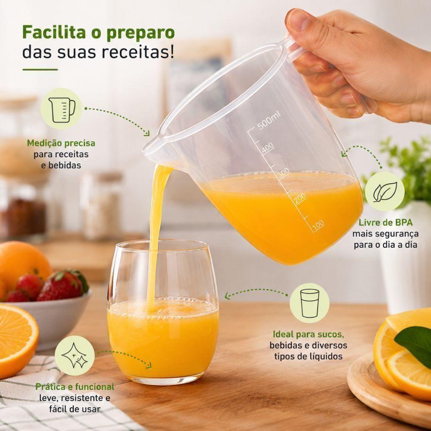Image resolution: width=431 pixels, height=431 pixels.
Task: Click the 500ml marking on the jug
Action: (x=269, y=120)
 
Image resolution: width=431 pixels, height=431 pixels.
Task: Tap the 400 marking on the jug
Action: (x=268, y=148)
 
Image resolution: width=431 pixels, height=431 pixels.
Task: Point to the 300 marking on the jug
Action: (x=283, y=173)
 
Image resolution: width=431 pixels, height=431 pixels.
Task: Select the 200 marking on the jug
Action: (x=300, y=198)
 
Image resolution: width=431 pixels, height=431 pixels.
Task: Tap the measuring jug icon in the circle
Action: (x=62, y=109)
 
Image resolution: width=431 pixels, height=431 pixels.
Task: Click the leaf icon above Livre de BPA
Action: (x=385, y=192)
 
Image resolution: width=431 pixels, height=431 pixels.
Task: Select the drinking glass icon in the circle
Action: (x=309, y=303)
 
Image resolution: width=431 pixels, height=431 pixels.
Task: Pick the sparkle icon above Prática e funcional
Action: (x=75, y=356)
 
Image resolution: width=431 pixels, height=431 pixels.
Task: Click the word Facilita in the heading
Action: (x=54, y=32)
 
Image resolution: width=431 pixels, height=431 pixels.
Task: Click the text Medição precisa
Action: (x=61, y=143)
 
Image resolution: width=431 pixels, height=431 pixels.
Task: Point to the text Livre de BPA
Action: (x=385, y=222)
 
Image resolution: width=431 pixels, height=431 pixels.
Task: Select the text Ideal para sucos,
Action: (x=309, y=334)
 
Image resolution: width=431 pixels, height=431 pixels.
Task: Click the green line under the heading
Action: (x=40, y=69)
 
